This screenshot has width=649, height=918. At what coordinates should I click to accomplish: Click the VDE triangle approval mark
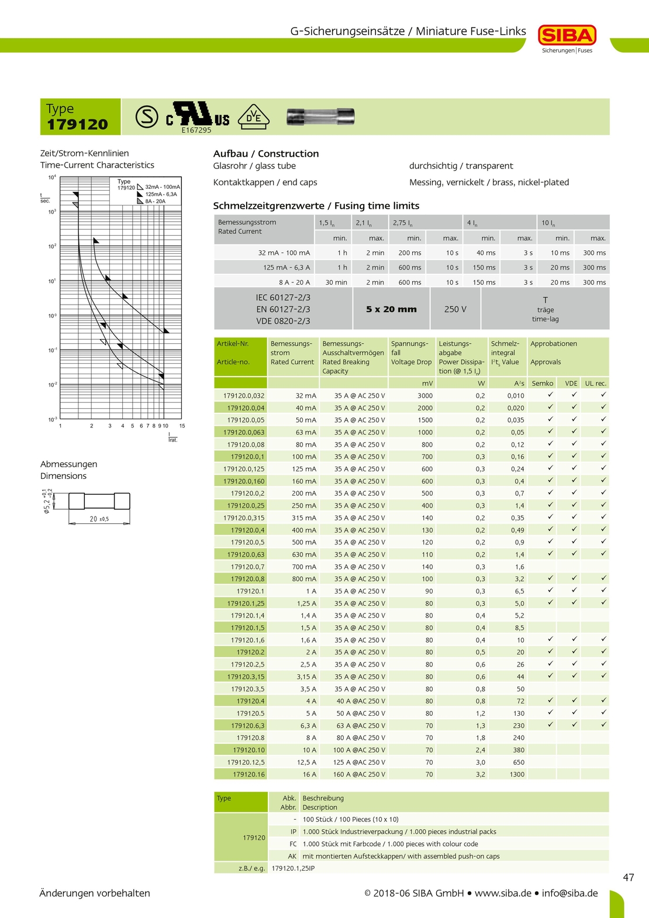pyautogui.click(x=253, y=117)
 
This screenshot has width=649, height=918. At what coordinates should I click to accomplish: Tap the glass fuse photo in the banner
pyautogui.click(x=320, y=116)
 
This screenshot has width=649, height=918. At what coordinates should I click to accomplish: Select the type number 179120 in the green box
pyautogui.click(x=78, y=124)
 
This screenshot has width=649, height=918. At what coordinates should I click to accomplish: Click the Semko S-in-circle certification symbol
pyautogui.click(x=147, y=117)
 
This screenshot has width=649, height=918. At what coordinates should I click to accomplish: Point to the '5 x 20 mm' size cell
pyautogui.click(x=391, y=309)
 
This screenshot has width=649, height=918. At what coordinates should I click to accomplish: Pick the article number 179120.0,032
pyautogui.click(x=244, y=396)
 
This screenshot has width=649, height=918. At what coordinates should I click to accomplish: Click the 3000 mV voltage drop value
pyautogui.click(x=425, y=396)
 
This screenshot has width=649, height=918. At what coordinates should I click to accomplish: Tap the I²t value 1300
pyautogui.click(x=517, y=774)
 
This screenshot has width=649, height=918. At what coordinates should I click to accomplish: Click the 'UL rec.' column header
pyautogui.click(x=596, y=384)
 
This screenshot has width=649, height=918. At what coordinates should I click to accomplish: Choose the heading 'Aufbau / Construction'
pyautogui.click(x=266, y=154)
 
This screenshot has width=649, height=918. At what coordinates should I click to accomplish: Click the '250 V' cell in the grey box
pyautogui.click(x=455, y=309)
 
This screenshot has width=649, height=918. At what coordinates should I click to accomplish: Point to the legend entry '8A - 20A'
pyautogui.click(x=155, y=201)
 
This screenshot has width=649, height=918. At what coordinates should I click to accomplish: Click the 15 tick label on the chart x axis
pyautogui.click(x=182, y=426)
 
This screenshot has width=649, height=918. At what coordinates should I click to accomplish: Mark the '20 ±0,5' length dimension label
pyautogui.click(x=99, y=519)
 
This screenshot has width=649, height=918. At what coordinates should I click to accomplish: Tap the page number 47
pyautogui.click(x=629, y=877)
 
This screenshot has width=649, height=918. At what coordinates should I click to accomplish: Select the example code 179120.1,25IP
pyautogui.click(x=293, y=868)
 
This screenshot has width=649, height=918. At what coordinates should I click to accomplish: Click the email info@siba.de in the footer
pyautogui.click(x=569, y=893)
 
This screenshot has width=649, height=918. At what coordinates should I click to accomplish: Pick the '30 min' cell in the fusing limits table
pyautogui.click(x=336, y=282)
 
